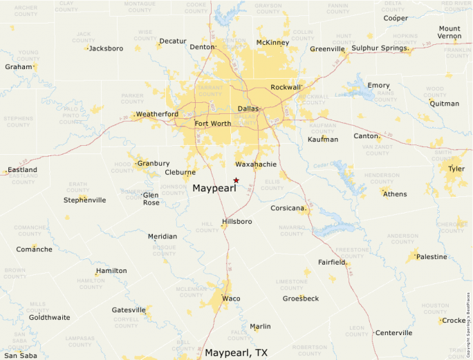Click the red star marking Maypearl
pyautogui.click(x=236, y=180)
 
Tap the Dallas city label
pyautogui.click(x=248, y=109)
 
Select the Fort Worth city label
pyautogui.click(x=213, y=124)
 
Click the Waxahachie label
pyautogui.click(x=256, y=164)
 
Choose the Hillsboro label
pyautogui.click(x=236, y=222)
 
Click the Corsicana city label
pyautogui.click(x=288, y=208)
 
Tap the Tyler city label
pyautogui.click(x=456, y=169)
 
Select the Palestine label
pyautogui.click(x=432, y=257)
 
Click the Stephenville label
pyautogui.click(x=84, y=200)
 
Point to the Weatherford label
pyautogui.click(x=157, y=114)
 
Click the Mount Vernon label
pyautogui.click(x=449, y=32)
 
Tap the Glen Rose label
pyautogui.click(x=151, y=199)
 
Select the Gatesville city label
pyautogui.click(x=129, y=310)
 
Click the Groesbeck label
pyautogui.click(x=301, y=299)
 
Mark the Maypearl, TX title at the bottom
pyautogui.click(x=236, y=352)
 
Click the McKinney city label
pyautogui.click(x=272, y=43)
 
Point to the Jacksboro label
pyautogui.click(x=106, y=48)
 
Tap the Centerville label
pyautogui.click(x=394, y=333)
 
